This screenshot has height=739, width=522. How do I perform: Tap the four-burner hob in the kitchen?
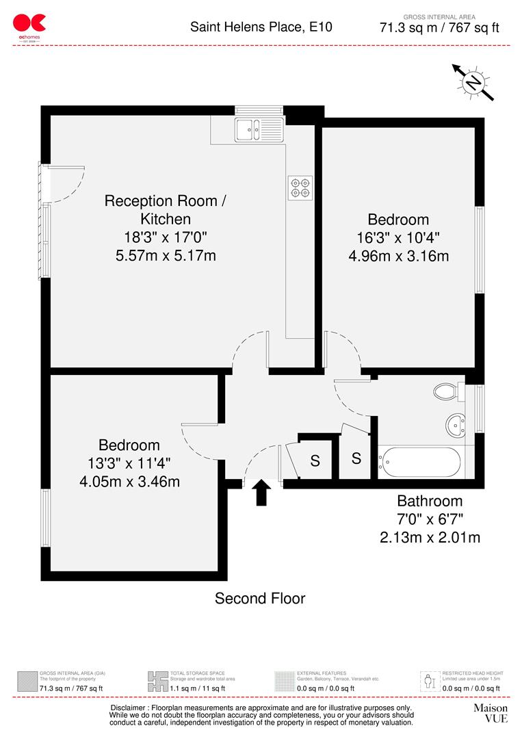click(x=300, y=187)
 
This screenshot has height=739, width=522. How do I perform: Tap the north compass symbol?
click(x=473, y=83)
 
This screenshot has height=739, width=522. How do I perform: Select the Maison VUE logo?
click(x=491, y=713)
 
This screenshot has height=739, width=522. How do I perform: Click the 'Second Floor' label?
click(x=260, y=599)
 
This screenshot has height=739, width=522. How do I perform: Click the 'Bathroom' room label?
click(x=430, y=501)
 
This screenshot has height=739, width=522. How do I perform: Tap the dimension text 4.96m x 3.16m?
click(x=398, y=257)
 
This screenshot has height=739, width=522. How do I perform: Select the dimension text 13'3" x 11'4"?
click(x=129, y=463)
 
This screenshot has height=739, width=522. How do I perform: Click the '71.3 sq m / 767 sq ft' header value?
click(x=439, y=29)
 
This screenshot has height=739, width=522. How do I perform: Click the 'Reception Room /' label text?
click(x=165, y=201)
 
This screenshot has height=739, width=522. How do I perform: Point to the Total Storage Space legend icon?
click(x=157, y=681)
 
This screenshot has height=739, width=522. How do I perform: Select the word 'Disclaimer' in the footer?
click(x=131, y=708)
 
